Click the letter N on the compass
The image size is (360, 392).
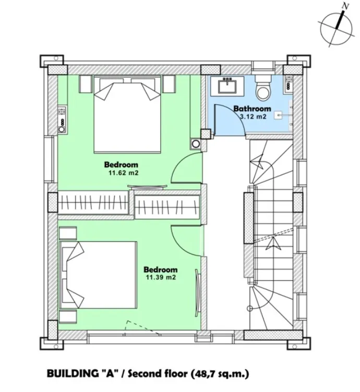(344, 6)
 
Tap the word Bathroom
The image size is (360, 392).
(252, 109)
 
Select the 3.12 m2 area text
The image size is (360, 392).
(253, 117)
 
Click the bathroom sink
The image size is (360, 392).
(227, 85)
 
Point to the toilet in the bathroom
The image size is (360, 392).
(263, 89)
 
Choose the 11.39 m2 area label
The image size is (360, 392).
(160, 278)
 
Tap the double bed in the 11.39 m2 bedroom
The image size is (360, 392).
(99, 274)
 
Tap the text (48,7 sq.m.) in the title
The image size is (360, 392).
(221, 373)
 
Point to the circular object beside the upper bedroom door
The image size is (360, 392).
(196, 144)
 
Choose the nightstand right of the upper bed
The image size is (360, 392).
(168, 83)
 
